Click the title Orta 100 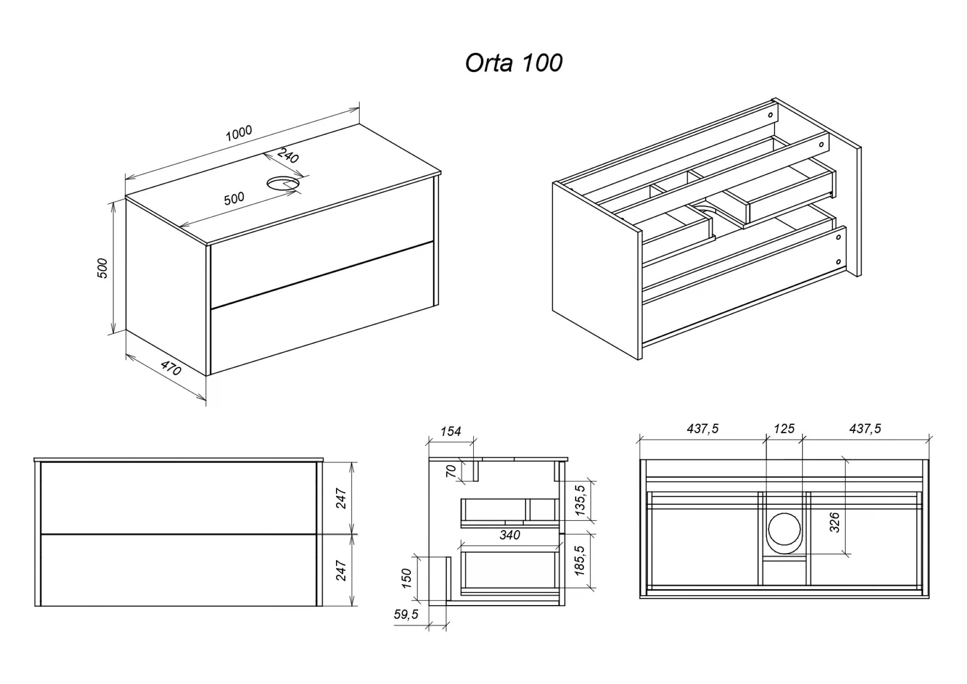tap(513, 63)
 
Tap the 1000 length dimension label tap(239, 133)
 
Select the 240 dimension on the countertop tap(288, 155)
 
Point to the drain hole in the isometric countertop tap(283, 183)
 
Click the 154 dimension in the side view tap(450, 431)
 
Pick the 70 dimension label tap(451, 471)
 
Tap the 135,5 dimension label tap(580, 500)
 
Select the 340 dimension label tap(509, 535)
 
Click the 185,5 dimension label tap(580, 561)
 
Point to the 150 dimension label tap(406, 578)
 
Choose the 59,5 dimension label tap(406, 614)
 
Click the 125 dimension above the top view tap(784, 429)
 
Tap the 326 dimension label tap(834, 522)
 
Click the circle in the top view tap(784, 529)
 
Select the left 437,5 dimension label tap(703, 429)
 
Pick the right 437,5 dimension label tap(865, 429)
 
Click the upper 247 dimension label tap(341, 498)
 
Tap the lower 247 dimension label tap(341, 570)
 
